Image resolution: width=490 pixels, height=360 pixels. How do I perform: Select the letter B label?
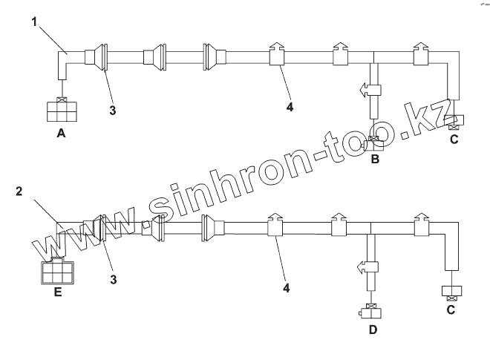(x=375, y=158)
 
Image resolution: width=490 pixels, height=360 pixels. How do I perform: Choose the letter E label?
(x=57, y=292)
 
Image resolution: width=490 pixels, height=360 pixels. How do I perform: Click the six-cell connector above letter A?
(x=61, y=112)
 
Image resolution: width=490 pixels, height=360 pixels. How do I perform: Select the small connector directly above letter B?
(x=375, y=142)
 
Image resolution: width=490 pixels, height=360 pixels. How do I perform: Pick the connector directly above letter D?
(x=370, y=312)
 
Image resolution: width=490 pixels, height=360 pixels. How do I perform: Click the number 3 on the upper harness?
(x=112, y=111)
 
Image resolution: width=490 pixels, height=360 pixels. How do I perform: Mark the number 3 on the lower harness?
(x=114, y=279)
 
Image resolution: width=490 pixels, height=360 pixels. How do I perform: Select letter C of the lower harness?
(x=450, y=310)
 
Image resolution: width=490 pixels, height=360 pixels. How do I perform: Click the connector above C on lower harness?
(x=450, y=290)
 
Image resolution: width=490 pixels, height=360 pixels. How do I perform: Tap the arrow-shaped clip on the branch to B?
(x=369, y=90)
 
